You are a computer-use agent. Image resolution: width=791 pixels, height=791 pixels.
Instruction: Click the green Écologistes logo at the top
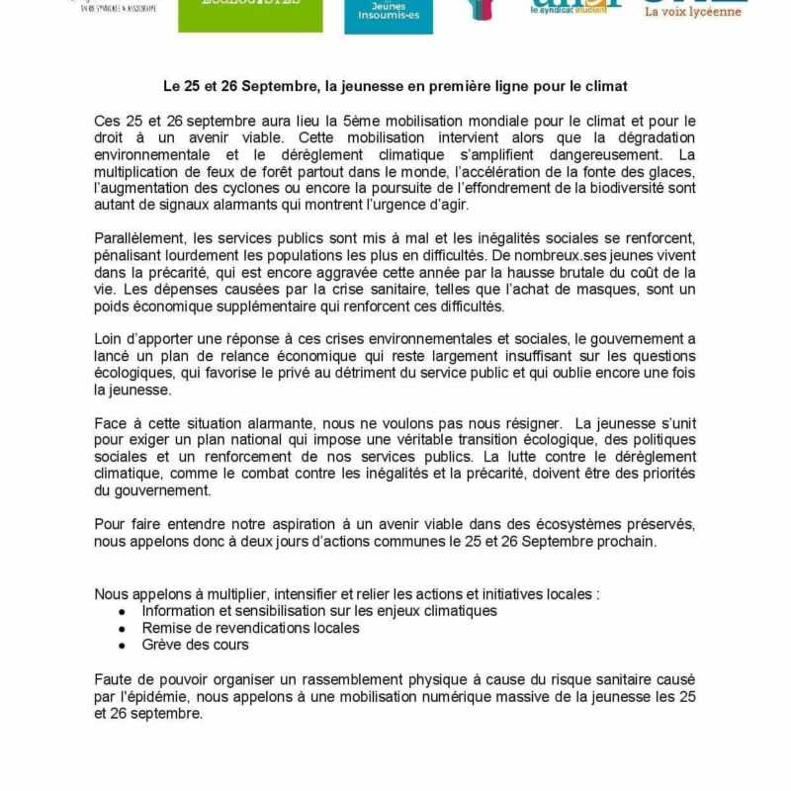241,16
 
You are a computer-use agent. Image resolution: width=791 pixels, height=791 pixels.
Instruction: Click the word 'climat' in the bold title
607,87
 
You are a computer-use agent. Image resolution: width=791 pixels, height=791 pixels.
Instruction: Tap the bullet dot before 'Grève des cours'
122,644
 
